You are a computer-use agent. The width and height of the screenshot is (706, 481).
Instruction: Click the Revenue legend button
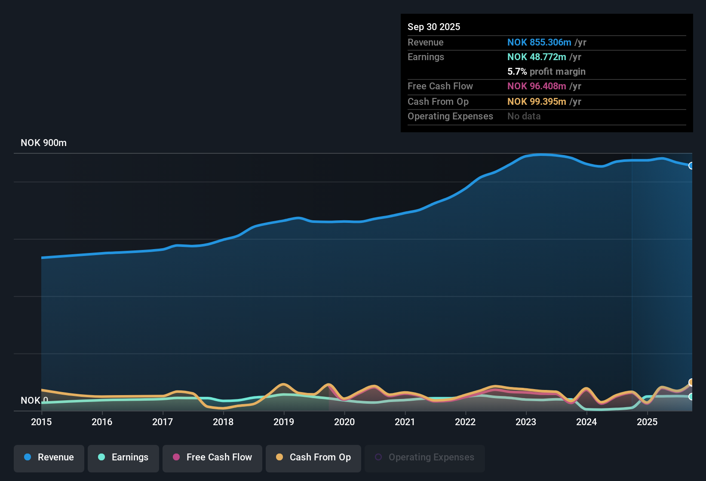point(49,457)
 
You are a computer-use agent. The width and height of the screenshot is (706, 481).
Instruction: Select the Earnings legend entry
point(123,457)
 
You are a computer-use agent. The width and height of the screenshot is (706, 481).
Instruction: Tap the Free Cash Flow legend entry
point(212,457)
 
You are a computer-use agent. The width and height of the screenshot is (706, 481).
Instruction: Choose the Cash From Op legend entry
point(313,457)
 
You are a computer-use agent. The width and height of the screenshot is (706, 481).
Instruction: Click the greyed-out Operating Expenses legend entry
point(424,457)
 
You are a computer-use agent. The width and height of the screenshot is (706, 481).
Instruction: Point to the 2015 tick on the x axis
point(41,422)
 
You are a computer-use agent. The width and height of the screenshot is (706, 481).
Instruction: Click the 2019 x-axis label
point(284,422)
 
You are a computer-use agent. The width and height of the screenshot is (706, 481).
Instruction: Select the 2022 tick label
point(465,422)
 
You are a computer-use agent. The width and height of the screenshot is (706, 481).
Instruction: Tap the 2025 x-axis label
point(647,422)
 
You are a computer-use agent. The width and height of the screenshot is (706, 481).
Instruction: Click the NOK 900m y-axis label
point(43,143)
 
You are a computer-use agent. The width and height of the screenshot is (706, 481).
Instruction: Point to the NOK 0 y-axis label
point(34,401)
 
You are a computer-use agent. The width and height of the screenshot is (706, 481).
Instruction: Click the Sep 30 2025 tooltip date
point(433,27)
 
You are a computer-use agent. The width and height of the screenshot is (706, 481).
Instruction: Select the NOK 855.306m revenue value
point(539,43)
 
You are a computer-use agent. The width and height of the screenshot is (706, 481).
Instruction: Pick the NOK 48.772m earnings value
point(537,57)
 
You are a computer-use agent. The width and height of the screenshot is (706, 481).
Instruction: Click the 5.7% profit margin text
point(546,72)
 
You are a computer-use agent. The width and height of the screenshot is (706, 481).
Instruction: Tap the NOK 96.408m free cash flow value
point(537,86)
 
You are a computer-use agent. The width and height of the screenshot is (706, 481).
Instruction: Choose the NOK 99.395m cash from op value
point(537,102)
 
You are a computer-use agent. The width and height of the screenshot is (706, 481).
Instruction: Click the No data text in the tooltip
point(524,116)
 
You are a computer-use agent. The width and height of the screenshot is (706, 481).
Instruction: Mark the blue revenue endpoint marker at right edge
point(691,166)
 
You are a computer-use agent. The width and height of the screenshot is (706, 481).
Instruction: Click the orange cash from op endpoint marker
point(691,382)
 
